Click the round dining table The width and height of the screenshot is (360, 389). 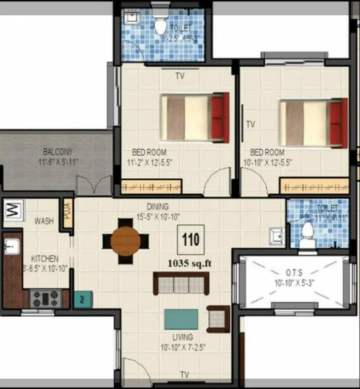pos(125,241)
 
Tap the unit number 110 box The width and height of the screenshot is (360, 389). pos(191,240)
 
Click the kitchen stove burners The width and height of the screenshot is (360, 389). pos(45,298)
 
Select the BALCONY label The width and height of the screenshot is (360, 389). pos(58,152)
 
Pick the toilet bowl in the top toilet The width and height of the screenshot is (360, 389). pos(160,24)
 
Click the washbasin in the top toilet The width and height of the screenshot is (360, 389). pos(131,18)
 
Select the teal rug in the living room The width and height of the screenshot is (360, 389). pos(181,319)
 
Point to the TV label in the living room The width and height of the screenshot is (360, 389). pos(185,374)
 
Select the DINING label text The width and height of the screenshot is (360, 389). pos(158,206)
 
